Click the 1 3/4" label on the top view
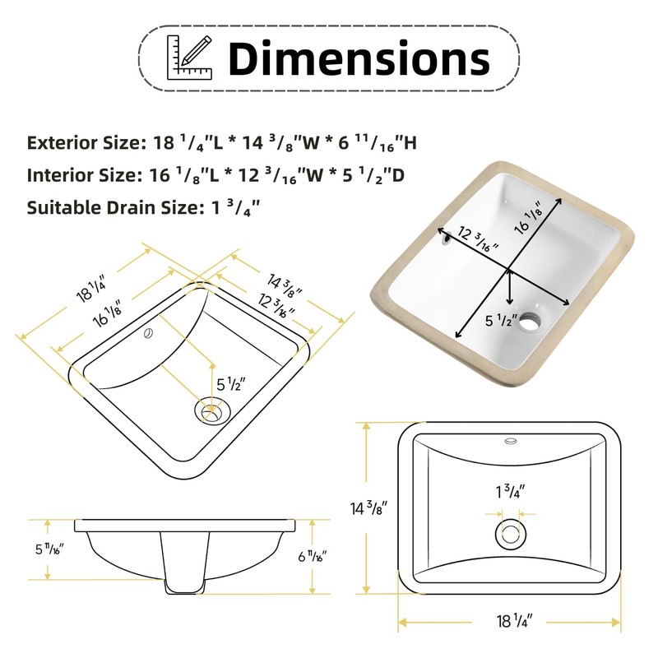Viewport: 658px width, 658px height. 511,493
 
